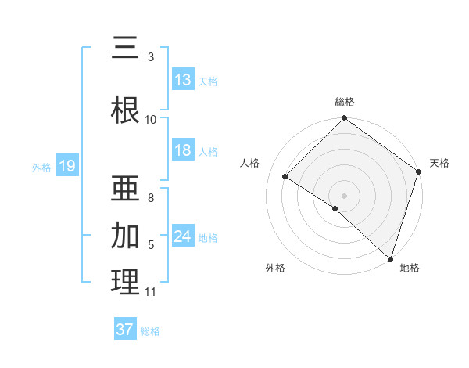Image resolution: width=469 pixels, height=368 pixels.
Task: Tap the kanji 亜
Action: (125, 187)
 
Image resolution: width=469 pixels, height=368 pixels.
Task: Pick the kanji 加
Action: (125, 234)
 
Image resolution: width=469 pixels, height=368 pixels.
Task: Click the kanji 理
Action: (125, 282)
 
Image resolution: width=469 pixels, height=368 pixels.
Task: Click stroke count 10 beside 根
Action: (151, 119)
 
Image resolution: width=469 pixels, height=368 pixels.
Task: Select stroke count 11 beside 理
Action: (151, 292)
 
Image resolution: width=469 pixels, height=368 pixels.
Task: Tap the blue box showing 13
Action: (183, 80)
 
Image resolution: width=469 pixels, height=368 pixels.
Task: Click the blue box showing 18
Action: (183, 150)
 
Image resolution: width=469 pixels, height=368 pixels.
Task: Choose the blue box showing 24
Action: (183, 236)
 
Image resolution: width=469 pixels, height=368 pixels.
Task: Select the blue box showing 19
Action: (66, 166)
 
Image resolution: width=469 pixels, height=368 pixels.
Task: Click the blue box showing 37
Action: (125, 330)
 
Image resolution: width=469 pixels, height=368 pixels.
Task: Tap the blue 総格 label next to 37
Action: (150, 331)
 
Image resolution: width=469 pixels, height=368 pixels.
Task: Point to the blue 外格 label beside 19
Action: (41, 167)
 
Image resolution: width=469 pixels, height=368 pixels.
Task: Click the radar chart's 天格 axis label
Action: (439, 163)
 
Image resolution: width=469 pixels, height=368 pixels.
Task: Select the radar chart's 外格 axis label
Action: (275, 268)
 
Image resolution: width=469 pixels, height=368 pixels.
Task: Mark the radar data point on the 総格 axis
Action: (344, 119)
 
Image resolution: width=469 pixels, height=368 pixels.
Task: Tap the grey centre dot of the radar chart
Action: (344, 195)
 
